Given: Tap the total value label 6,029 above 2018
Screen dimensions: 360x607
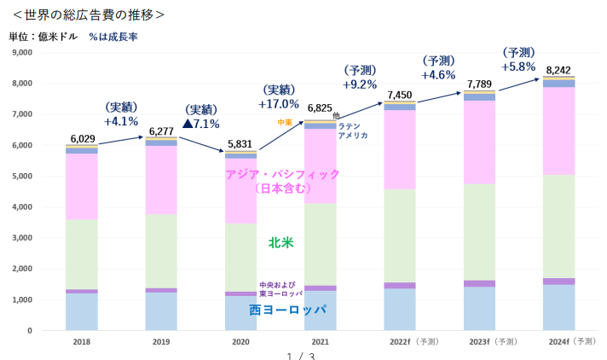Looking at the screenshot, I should (x=83, y=138).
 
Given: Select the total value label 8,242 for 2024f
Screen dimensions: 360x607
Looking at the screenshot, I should (x=559, y=70).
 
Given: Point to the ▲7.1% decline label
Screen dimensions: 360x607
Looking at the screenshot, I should (x=201, y=124).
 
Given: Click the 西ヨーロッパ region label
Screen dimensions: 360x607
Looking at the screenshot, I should (x=287, y=310).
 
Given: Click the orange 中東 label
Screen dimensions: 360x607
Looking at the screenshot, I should (x=285, y=123).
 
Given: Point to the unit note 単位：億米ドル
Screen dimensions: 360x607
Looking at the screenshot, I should (x=43, y=37).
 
